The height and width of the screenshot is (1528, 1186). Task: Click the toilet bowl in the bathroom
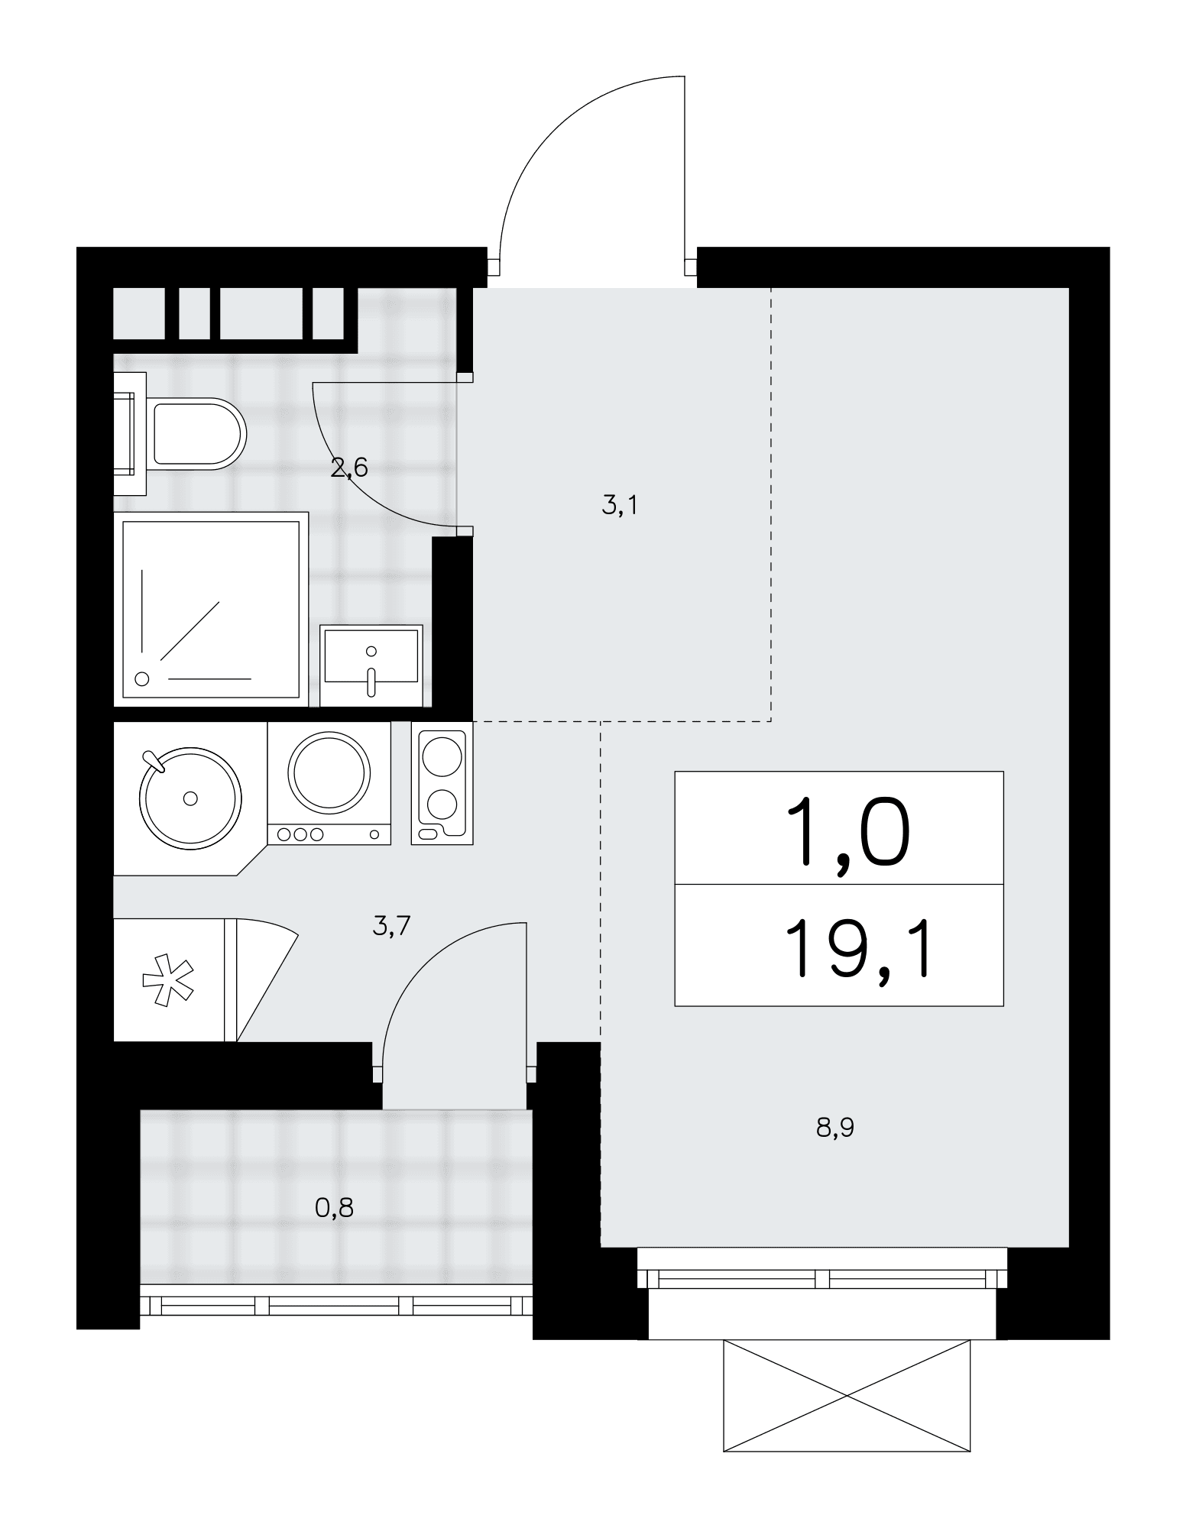(199, 433)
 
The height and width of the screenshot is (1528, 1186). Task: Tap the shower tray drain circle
(141, 678)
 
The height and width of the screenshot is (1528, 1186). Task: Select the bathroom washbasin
(371, 665)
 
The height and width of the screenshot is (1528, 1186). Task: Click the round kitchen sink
(190, 798)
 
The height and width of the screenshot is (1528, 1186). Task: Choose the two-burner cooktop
(442, 785)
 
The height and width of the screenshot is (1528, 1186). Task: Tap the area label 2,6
(349, 468)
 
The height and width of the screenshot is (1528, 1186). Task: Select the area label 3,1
(619, 505)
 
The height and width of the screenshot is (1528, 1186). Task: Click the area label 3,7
(391, 926)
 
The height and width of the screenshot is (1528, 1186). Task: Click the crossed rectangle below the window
(847, 1395)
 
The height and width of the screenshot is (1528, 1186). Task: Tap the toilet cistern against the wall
(130, 433)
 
